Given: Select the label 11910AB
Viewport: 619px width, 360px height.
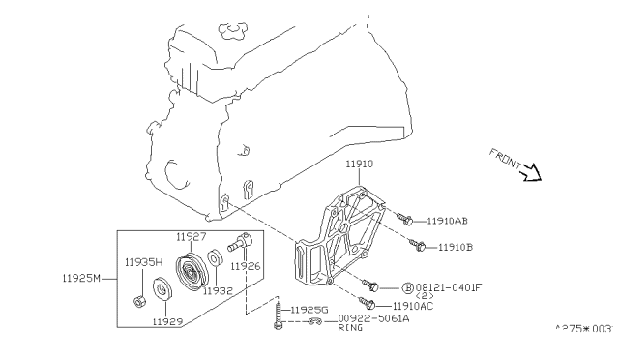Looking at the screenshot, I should [x=448, y=221].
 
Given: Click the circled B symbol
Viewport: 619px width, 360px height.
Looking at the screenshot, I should [x=407, y=286].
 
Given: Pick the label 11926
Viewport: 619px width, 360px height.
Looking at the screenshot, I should [x=245, y=264].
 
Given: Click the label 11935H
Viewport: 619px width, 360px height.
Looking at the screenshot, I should [x=143, y=261].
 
